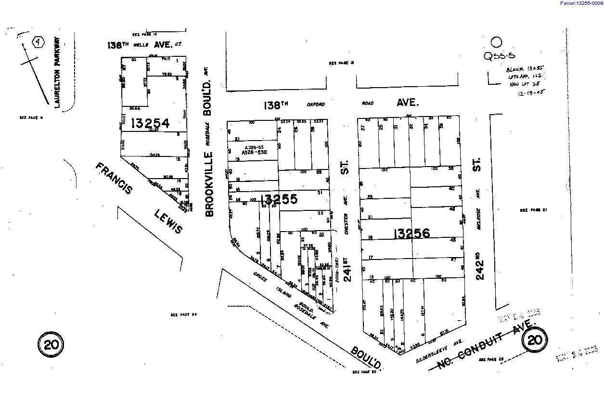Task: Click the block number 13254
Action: (x=150, y=123)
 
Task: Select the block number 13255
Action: (x=279, y=198)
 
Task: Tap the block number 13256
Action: (x=411, y=233)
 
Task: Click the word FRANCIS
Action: (x=115, y=179)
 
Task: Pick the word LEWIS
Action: (x=168, y=221)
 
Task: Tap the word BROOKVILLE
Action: (x=209, y=184)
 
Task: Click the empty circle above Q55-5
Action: (x=496, y=42)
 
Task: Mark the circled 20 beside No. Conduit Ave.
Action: (x=535, y=341)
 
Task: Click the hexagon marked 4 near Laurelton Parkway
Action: (x=38, y=42)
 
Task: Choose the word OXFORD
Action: (x=316, y=104)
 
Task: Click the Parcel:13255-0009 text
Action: (x=581, y=3)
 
